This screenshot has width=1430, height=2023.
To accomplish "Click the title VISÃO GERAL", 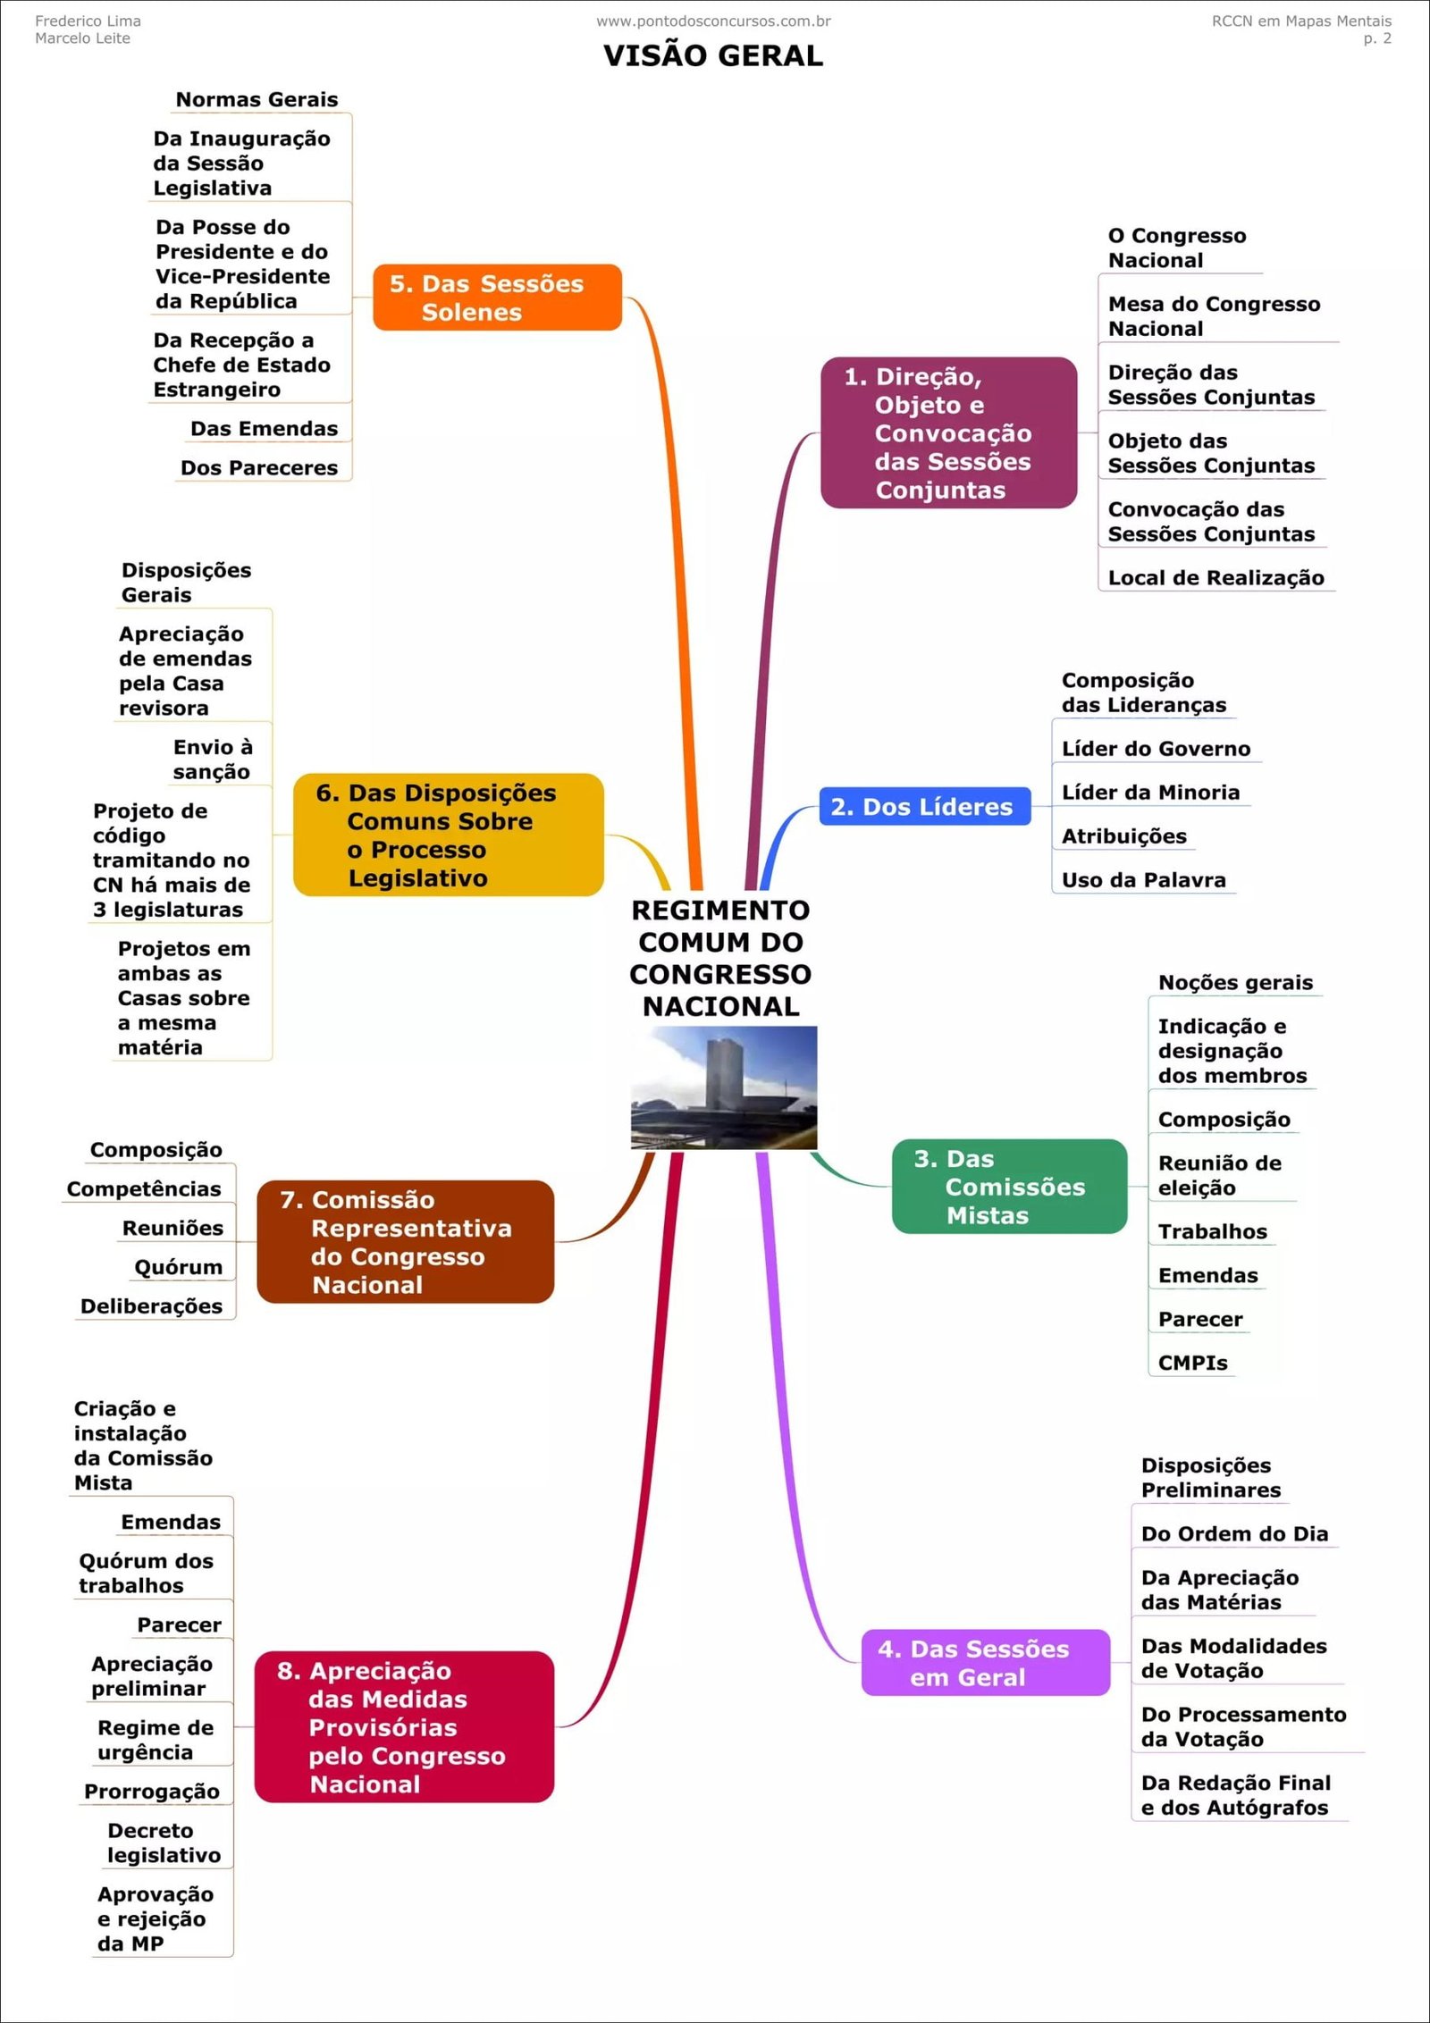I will pyautogui.click(x=712, y=55).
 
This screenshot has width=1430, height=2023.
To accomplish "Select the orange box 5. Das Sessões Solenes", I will pyautogui.click(x=497, y=298).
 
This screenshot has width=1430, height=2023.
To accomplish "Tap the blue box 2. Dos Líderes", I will pyautogui.click(x=924, y=806).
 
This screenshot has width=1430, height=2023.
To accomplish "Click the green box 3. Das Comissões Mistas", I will pyautogui.click(x=1009, y=1186).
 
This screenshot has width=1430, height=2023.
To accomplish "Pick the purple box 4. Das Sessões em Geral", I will pyautogui.click(x=985, y=1662).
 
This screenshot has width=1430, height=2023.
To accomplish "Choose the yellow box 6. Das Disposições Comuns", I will pyautogui.click(x=448, y=835).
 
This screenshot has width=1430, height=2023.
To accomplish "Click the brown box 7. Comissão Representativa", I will pyautogui.click(x=405, y=1241).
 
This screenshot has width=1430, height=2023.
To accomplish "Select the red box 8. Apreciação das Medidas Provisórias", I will pyautogui.click(x=404, y=1726).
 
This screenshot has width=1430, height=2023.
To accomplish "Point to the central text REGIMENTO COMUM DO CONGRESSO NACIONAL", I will pyautogui.click(x=720, y=958).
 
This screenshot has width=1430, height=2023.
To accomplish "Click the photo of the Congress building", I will pyautogui.click(x=724, y=1087).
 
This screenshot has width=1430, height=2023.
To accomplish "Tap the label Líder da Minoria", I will pyautogui.click(x=1150, y=793).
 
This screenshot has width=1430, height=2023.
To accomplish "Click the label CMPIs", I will pyautogui.click(x=1192, y=1363).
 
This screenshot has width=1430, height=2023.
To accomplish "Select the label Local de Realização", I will pyautogui.click(x=1215, y=578).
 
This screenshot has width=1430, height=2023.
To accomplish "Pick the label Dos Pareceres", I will pyautogui.click(x=259, y=468).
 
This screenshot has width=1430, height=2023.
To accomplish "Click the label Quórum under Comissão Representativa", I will pyautogui.click(x=178, y=1267).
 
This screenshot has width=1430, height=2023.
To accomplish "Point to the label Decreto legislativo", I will pyautogui.click(x=164, y=1843).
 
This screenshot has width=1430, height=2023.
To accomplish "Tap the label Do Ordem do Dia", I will pyautogui.click(x=1234, y=1534).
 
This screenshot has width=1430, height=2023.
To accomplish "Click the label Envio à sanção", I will pyautogui.click(x=213, y=759).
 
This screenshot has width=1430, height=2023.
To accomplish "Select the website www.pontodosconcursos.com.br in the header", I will pyautogui.click(x=713, y=21).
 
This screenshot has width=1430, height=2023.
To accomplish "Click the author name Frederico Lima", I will pyautogui.click(x=88, y=21).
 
